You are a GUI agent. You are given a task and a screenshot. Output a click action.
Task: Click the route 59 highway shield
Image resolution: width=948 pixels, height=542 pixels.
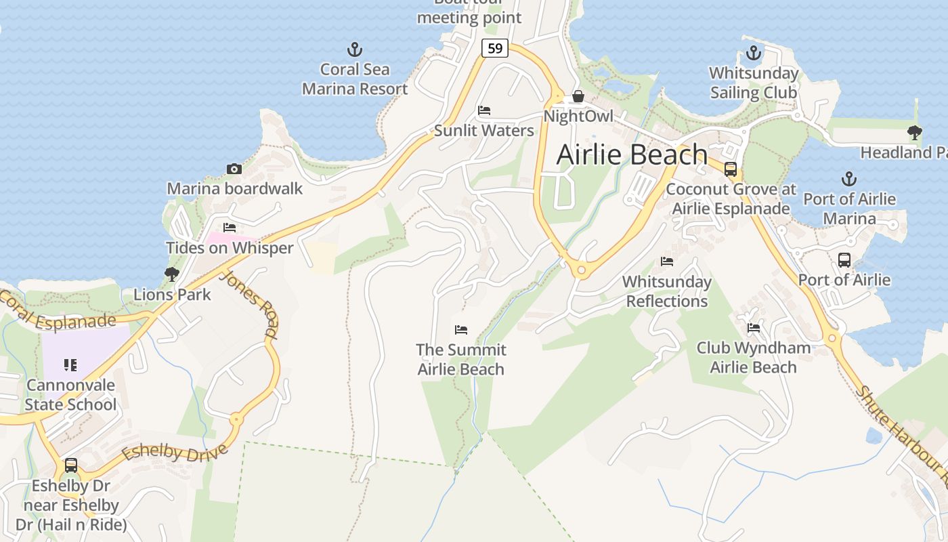pos(495,48)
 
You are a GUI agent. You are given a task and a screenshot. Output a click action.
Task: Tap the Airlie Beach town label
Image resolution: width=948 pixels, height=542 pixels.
pos(632,154)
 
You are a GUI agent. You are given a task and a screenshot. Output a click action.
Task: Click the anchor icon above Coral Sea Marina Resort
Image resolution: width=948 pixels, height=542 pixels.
pos(354,49)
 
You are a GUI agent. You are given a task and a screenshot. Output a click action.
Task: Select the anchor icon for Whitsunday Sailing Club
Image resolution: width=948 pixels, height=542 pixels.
pos(754,53)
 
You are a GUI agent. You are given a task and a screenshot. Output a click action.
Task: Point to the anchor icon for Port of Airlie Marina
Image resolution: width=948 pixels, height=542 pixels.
pos(849,180)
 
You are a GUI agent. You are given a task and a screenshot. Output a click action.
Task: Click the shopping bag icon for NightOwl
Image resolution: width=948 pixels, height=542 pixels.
pos(578,97)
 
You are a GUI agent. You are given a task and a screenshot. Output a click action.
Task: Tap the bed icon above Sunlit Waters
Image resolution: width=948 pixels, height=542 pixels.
pos(483,110)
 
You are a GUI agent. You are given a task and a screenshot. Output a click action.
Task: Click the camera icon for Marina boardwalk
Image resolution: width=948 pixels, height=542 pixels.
pos(234,169)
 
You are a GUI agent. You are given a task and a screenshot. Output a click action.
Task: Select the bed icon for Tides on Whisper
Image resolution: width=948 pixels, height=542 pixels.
pos(230,228)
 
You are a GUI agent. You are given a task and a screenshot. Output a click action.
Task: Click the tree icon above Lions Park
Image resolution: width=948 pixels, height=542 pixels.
pos(172,274)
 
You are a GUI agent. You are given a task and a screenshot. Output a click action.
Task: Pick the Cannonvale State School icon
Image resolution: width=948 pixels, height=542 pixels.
pos(70,365)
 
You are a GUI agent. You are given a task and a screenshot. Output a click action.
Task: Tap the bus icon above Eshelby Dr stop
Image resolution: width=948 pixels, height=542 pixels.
pos(71,465)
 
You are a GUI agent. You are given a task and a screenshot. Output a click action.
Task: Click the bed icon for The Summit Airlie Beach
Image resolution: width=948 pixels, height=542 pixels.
pos(461,330)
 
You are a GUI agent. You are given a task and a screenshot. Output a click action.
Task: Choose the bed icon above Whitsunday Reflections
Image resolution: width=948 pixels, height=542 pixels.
pos(667,262)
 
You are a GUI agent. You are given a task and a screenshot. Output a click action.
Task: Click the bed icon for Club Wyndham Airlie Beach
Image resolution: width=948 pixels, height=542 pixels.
pos(754,328)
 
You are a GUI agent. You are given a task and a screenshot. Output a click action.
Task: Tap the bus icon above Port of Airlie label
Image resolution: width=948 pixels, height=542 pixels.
pos(844,259)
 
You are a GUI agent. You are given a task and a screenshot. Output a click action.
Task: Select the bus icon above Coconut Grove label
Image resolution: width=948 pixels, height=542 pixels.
pos(731,169)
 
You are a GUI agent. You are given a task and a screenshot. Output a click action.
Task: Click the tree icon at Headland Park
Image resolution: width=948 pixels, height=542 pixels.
pos(915,133)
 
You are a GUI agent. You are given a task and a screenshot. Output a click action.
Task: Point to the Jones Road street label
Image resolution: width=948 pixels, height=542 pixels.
pos(249,304)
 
